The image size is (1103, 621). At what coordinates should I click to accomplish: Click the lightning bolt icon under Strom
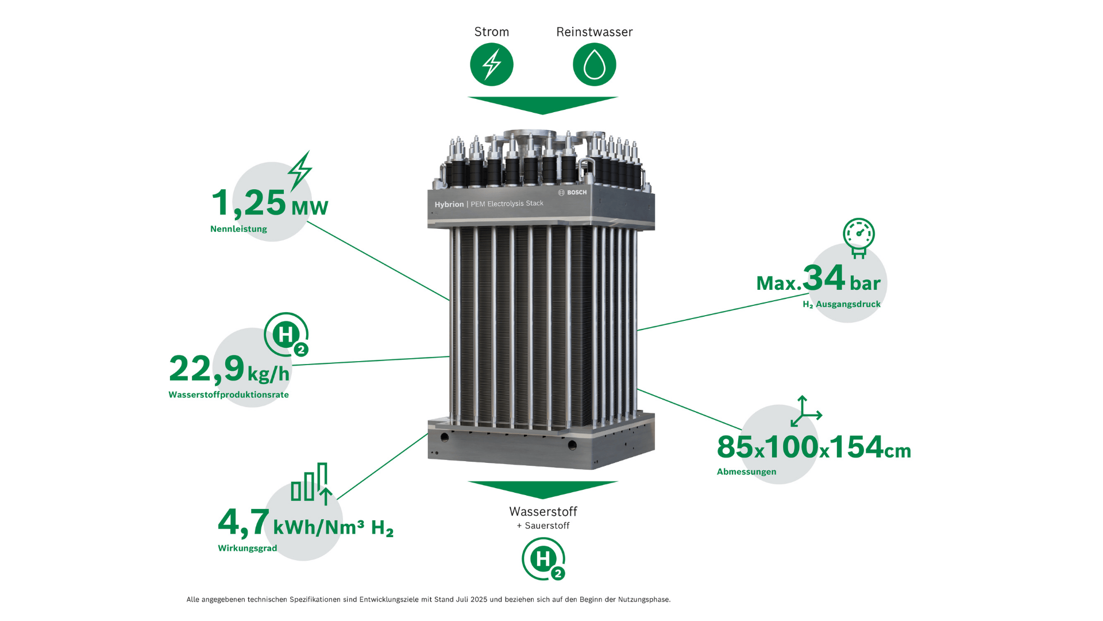pyautogui.click(x=492, y=64)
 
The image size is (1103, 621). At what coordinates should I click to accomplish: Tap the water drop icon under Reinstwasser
pyautogui.click(x=595, y=64)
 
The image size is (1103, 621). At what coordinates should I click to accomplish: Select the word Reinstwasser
pyautogui.click(x=595, y=32)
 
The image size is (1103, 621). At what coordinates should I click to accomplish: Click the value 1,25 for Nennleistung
pyautogui.click(x=249, y=202)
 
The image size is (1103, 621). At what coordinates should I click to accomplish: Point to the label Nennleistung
pyautogui.click(x=238, y=229)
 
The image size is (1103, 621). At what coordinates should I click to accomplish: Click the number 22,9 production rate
pyautogui.click(x=207, y=369)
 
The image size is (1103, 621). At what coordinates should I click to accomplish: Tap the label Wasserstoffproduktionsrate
pyautogui.click(x=229, y=395)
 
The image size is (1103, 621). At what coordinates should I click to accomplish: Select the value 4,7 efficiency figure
pyautogui.click(x=244, y=522)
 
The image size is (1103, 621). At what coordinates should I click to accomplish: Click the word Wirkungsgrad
pyautogui.click(x=248, y=549)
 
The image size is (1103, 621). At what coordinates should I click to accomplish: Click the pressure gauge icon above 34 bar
pyautogui.click(x=859, y=237)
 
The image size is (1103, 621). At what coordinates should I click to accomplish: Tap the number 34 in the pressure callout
pyautogui.click(x=824, y=278)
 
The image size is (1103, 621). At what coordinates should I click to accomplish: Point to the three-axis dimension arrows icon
pyautogui.click(x=806, y=411)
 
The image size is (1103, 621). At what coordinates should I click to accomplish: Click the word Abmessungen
pyautogui.click(x=746, y=472)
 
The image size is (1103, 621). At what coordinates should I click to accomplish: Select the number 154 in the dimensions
pyautogui.click(x=857, y=447)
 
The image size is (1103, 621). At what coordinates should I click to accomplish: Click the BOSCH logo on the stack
pyautogui.click(x=572, y=193)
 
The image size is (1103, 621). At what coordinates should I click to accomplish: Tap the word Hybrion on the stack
pyautogui.click(x=449, y=205)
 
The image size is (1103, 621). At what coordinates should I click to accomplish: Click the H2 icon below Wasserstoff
pyautogui.click(x=543, y=559)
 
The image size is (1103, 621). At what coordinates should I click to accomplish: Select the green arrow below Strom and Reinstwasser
pyautogui.click(x=543, y=105)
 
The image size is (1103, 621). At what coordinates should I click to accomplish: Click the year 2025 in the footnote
pyautogui.click(x=479, y=600)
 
